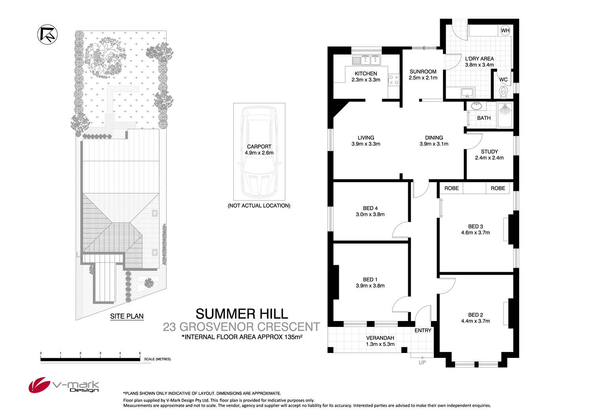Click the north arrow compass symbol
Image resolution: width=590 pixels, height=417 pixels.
[x=48, y=35]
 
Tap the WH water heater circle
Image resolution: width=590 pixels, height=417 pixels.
[x=505, y=30]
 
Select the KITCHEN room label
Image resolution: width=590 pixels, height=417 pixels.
[x=366, y=74]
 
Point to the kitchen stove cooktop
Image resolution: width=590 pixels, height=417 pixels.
[x=394, y=80]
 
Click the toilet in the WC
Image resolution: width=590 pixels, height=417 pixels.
[x=503, y=92]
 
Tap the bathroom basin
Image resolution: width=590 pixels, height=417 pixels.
[x=476, y=106]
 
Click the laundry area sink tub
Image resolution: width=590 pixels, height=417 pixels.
[x=467, y=93]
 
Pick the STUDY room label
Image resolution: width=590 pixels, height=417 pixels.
[x=489, y=151]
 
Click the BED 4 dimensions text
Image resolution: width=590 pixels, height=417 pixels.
[x=370, y=214]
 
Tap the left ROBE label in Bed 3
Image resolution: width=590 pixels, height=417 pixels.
[x=452, y=188]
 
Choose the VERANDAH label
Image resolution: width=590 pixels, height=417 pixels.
[x=380, y=338]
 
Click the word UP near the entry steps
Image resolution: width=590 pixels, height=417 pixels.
[x=422, y=363]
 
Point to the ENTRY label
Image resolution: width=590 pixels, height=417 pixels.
[x=423, y=330]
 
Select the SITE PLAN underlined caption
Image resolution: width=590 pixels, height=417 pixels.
[x=127, y=316]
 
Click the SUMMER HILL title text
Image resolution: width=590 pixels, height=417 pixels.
[x=242, y=314]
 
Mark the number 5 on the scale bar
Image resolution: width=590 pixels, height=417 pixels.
[x=140, y=353]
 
